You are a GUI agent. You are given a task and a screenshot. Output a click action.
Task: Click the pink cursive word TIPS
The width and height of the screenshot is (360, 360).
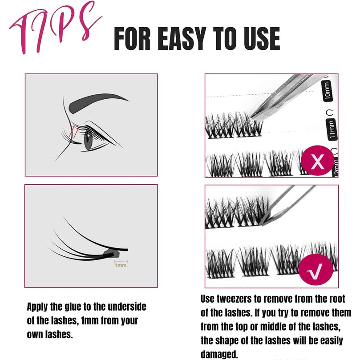[x=55, y=28]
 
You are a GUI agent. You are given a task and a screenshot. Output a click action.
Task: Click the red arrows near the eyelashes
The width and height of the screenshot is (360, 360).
[x=73, y=132]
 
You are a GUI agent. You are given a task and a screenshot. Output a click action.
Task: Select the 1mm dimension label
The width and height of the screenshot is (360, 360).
[x=121, y=265]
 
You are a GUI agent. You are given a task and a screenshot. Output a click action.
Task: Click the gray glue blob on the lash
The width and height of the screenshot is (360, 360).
[x=112, y=254]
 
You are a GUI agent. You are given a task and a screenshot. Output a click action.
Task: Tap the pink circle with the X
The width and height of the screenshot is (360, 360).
[x=317, y=161]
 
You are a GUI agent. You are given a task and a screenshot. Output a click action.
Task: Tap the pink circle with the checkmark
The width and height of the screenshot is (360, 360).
[x=316, y=269]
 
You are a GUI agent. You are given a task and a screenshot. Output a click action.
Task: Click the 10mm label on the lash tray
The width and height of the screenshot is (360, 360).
[x=328, y=91]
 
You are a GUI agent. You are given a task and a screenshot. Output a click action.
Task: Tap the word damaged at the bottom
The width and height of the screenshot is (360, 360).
[x=219, y=354]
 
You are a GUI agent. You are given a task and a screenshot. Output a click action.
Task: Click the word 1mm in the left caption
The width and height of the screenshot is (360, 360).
[x=90, y=321]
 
